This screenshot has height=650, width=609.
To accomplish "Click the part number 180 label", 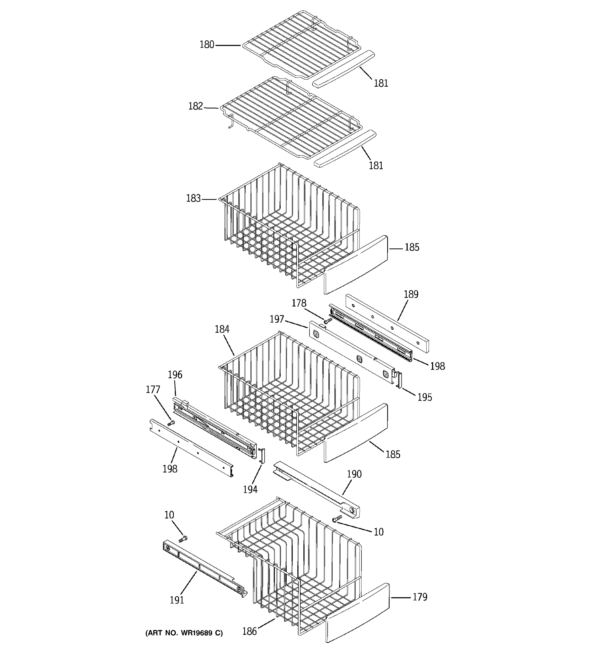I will (207, 44).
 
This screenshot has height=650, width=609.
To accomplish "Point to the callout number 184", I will (222, 329).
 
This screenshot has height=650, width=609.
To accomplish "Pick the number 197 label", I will (277, 319).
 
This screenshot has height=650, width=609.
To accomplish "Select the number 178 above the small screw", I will (299, 303).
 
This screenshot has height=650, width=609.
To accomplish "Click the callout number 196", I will (175, 375).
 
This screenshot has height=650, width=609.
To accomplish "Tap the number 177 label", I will (153, 390).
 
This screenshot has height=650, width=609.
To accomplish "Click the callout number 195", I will (425, 397).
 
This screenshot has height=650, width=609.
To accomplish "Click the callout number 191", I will (177, 600).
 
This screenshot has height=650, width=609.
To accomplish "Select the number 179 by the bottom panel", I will (420, 597).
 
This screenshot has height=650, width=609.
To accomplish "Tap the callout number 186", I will (250, 631).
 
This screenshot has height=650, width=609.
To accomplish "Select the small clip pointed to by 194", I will (262, 456).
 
